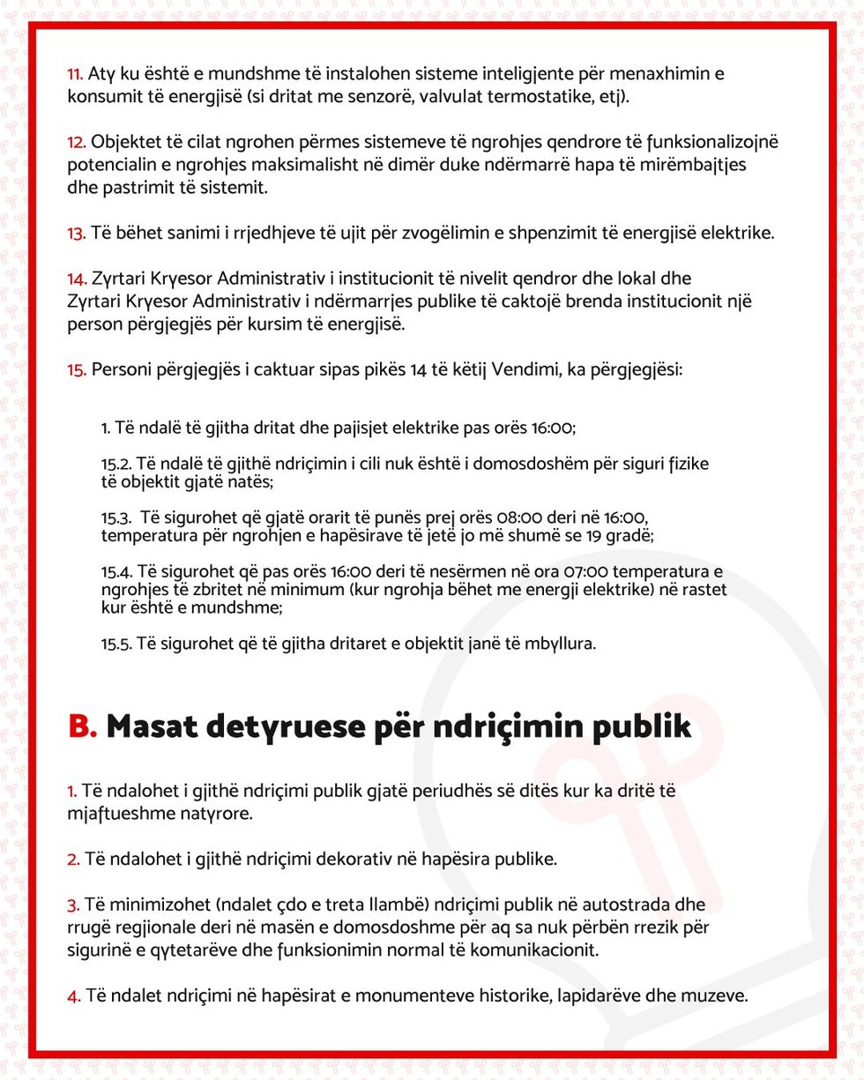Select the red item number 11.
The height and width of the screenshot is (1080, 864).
pyautogui.click(x=75, y=73)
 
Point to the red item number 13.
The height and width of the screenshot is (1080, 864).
pyautogui.click(x=76, y=233)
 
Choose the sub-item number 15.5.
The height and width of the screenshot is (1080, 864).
pyautogui.click(x=115, y=644)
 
